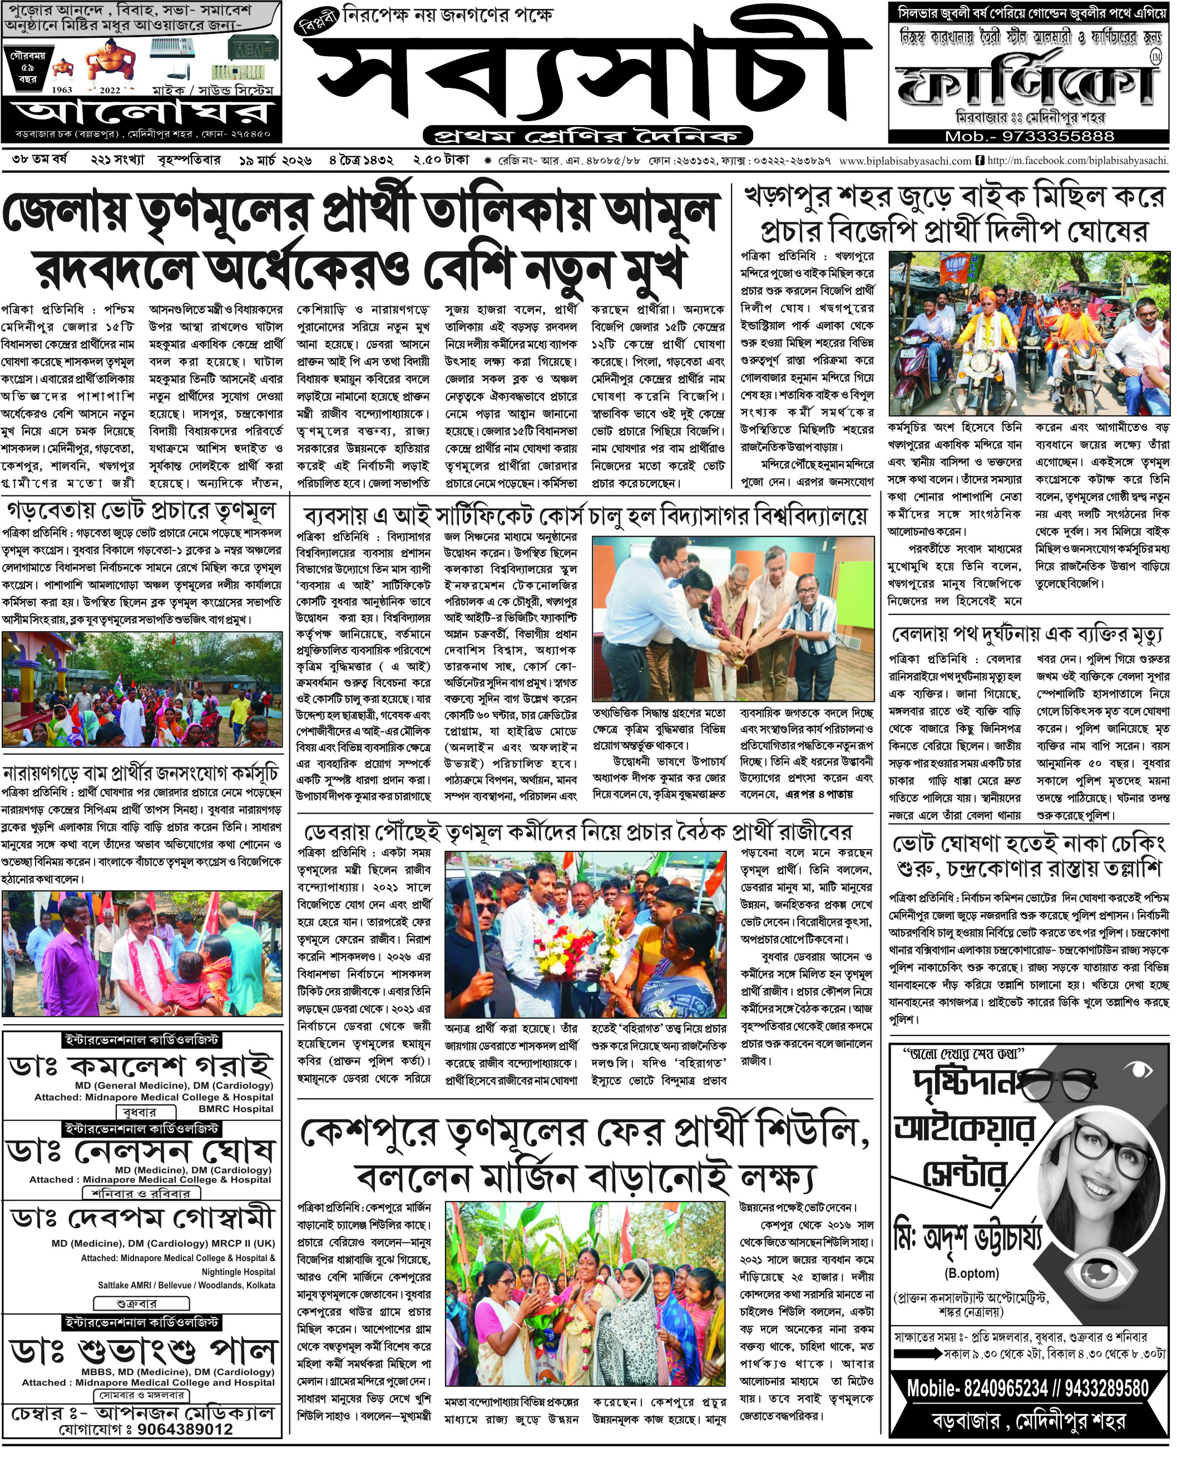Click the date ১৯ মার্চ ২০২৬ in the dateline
(275, 161)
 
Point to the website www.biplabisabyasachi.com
(904, 161)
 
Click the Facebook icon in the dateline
(980, 161)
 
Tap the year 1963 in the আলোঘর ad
(62, 90)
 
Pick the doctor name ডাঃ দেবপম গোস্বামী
(143, 1218)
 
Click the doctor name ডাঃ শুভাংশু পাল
(143, 1353)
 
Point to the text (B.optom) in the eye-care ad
(971, 1272)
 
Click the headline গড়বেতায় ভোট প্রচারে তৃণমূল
(141, 511)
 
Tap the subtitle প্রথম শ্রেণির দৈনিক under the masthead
(587, 136)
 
